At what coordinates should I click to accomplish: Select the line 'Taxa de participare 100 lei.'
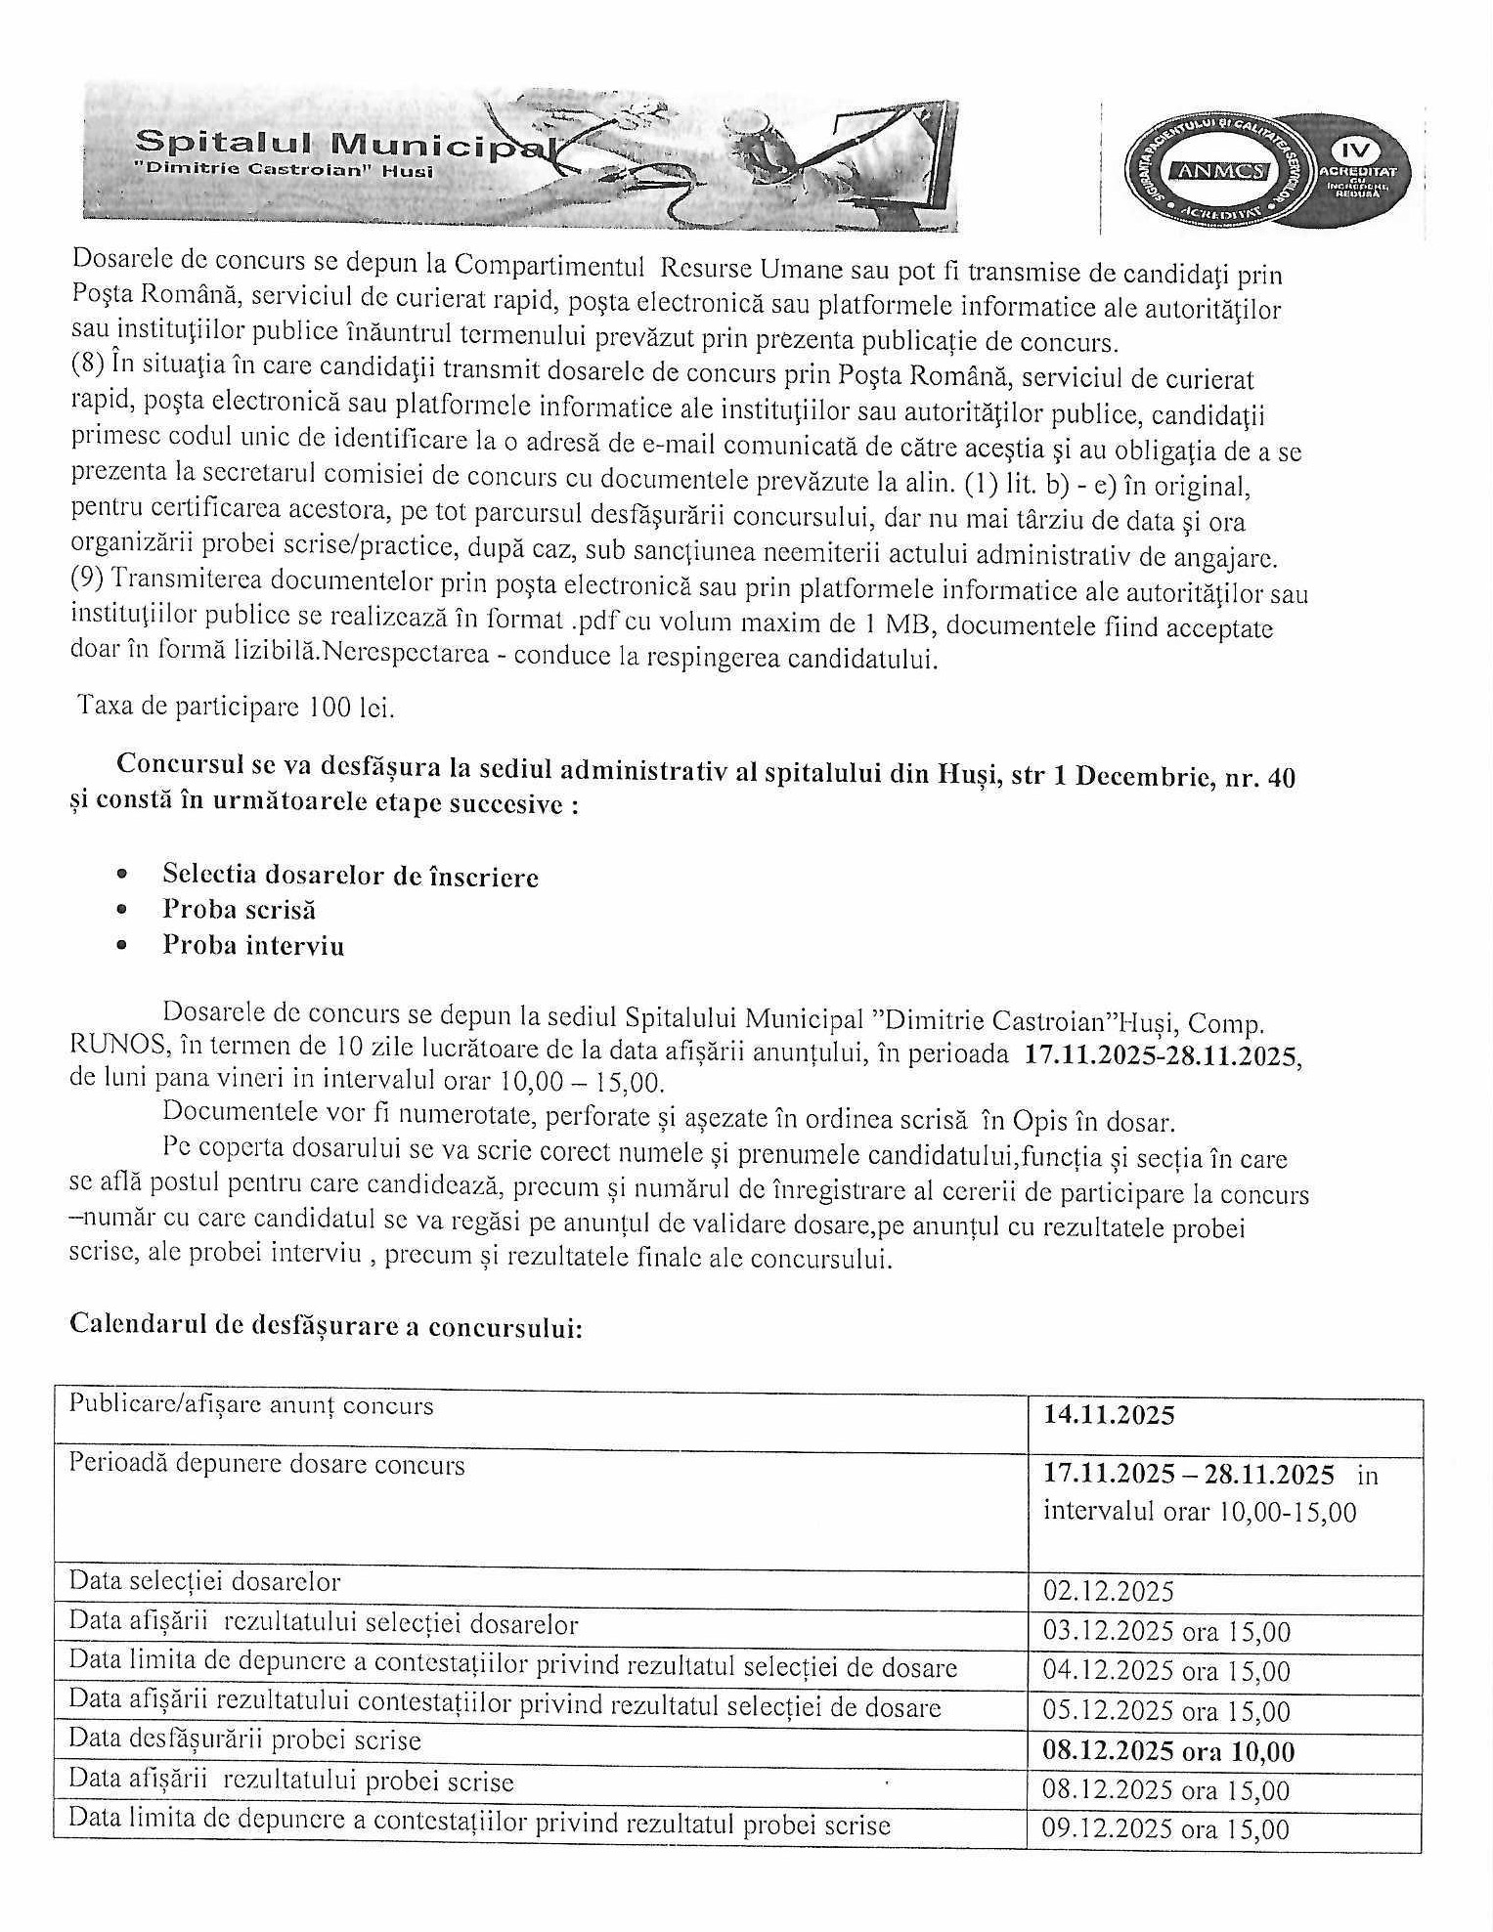236,707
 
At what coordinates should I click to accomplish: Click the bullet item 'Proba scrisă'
239,910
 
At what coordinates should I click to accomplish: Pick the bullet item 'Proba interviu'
253,946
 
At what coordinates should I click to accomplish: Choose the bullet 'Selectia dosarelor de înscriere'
350,876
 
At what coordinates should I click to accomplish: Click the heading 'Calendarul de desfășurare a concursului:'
326,1325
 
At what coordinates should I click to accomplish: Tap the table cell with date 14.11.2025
1109,1415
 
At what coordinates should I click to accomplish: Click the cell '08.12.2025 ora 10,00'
1168,1751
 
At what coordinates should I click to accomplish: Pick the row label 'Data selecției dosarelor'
204,1581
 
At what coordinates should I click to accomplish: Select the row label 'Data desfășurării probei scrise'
244,1740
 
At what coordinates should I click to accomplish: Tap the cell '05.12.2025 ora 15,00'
1165,1712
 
